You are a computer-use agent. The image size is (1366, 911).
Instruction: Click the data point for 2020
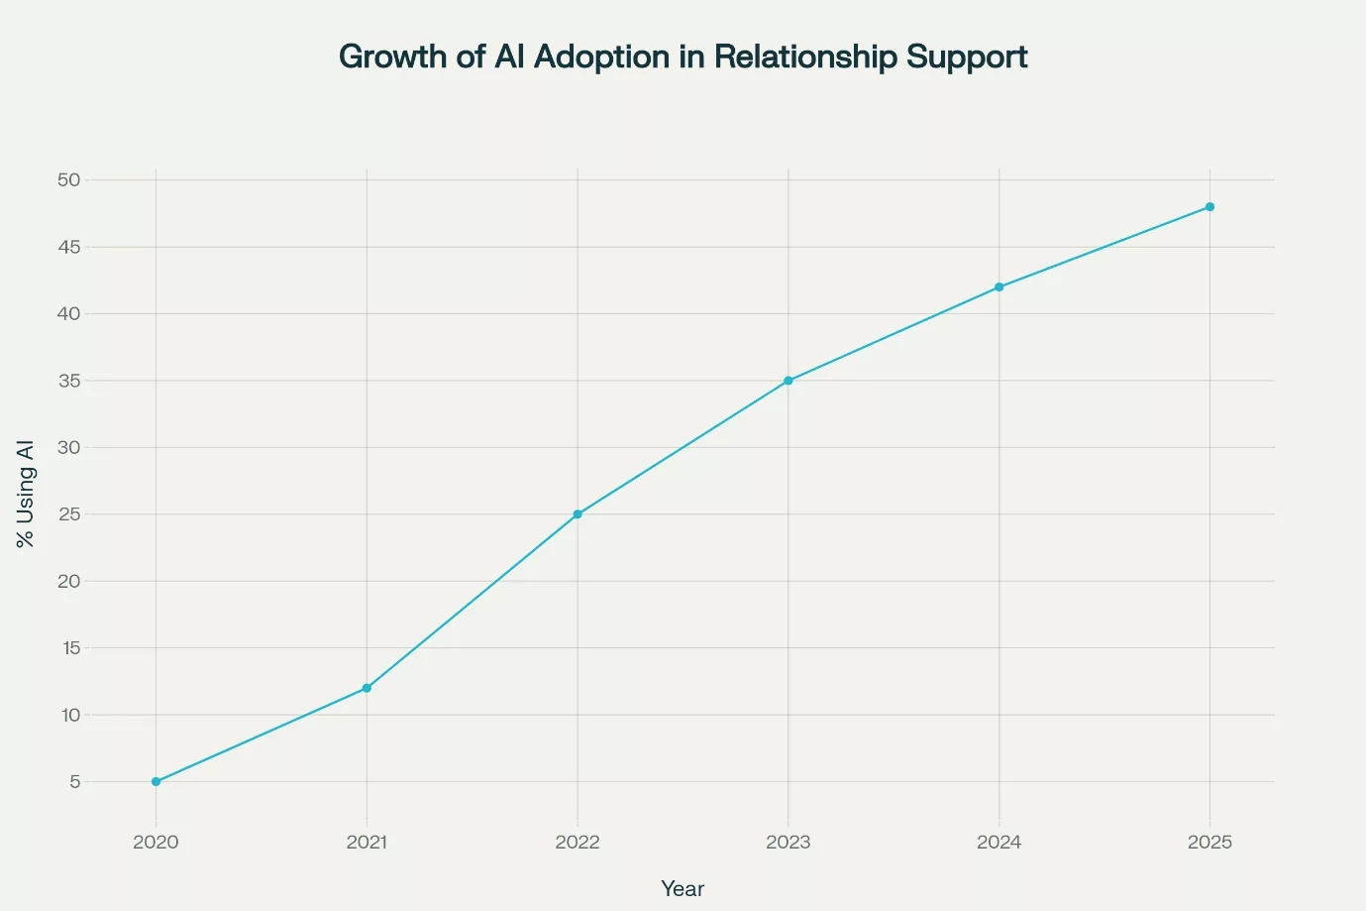pyautogui.click(x=156, y=781)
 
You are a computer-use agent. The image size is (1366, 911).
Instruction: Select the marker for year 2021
pyautogui.click(x=367, y=688)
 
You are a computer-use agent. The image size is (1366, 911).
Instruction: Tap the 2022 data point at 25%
pyautogui.click(x=578, y=514)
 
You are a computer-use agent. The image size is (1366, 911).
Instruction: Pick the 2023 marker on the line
pyautogui.click(x=788, y=381)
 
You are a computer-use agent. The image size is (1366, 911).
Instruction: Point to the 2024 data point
pyautogui.click(x=998, y=287)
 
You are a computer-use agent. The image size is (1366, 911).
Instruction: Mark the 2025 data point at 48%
pyautogui.click(x=1209, y=207)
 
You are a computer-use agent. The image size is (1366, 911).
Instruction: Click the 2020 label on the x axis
pyautogui.click(x=156, y=843)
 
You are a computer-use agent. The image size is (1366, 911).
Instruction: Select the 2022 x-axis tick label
pyautogui.click(x=578, y=843)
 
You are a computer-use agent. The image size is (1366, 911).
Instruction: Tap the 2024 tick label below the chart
pyautogui.click(x=998, y=843)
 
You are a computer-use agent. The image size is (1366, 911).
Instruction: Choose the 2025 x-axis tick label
pyautogui.click(x=1209, y=843)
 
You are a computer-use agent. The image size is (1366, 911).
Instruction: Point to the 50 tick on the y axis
pyautogui.click(x=68, y=180)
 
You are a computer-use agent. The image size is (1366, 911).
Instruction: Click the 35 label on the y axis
pyautogui.click(x=68, y=381)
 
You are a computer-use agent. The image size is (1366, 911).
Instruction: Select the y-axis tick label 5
pyautogui.click(x=74, y=782)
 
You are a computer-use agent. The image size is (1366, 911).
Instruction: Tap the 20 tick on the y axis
pyautogui.click(x=68, y=581)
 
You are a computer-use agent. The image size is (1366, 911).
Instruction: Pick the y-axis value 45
pyautogui.click(x=68, y=247)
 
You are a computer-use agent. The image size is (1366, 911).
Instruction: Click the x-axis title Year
pyautogui.click(x=683, y=889)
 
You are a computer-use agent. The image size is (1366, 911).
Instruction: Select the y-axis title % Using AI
pyautogui.click(x=26, y=494)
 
